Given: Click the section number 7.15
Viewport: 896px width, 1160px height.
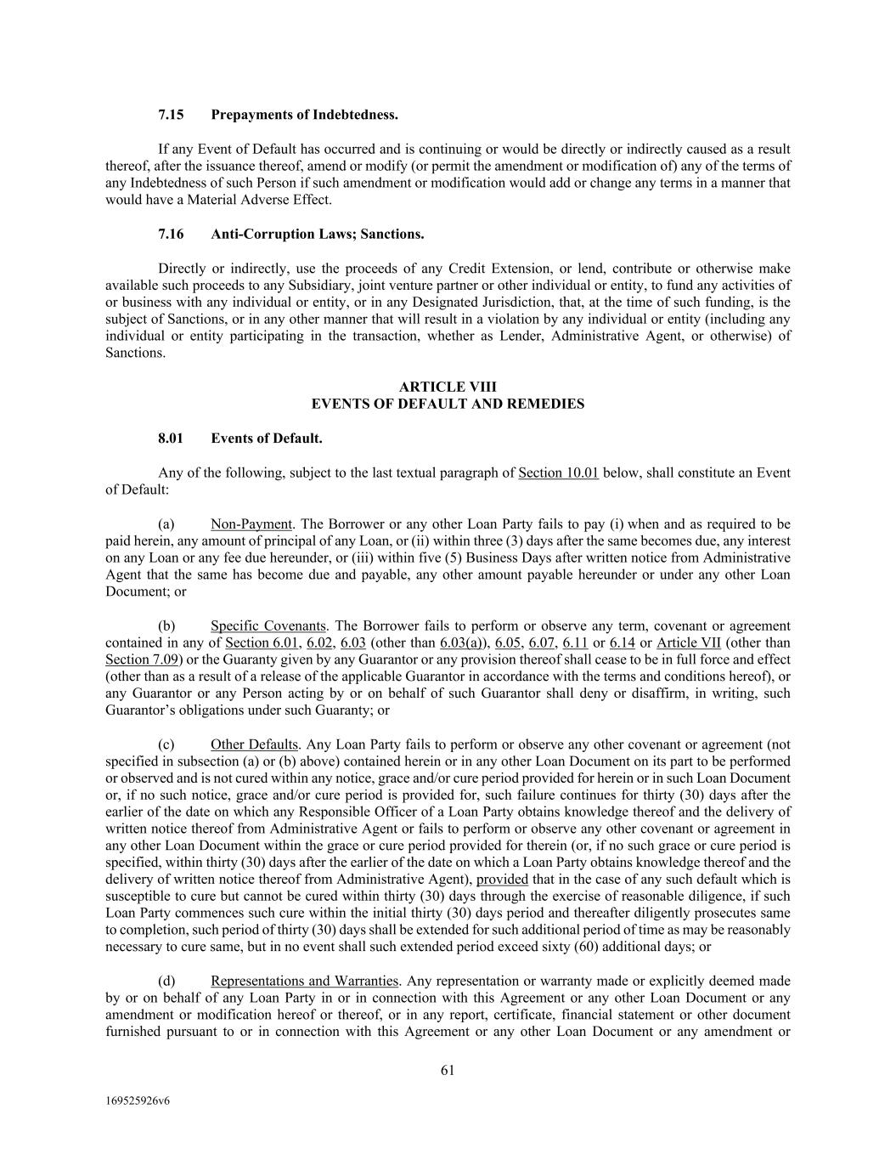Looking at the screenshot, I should pyautogui.click(x=171, y=115).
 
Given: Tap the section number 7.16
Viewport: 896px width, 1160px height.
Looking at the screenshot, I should pyautogui.click(x=171, y=234).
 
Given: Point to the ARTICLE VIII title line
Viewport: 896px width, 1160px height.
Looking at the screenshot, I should pyautogui.click(x=448, y=388).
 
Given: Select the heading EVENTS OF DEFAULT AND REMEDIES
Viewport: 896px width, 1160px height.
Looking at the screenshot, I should pyautogui.click(x=448, y=405).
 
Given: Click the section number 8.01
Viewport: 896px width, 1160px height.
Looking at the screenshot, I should pyautogui.click(x=171, y=439).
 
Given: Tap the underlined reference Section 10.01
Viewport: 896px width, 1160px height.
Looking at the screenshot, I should pyautogui.click(x=558, y=473).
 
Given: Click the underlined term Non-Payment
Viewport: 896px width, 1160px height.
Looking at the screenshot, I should pyautogui.click(x=251, y=524).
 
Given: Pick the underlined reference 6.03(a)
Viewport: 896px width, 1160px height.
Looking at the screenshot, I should pyautogui.click(x=462, y=643).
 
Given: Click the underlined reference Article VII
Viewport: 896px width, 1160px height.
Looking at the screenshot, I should pyautogui.click(x=689, y=643).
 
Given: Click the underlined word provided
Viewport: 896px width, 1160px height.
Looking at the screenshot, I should pyautogui.click(x=502, y=880).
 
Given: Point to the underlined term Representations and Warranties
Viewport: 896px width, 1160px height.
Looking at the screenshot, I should pyautogui.click(x=304, y=982).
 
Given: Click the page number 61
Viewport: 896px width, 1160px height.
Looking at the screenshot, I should pyautogui.click(x=448, y=1071).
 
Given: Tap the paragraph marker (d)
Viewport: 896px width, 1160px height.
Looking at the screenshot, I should pyautogui.click(x=166, y=982).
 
